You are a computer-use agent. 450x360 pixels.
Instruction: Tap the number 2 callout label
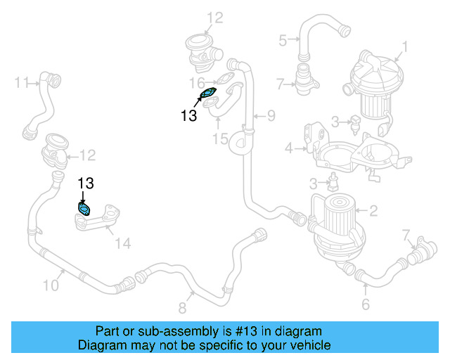[x=373, y=210]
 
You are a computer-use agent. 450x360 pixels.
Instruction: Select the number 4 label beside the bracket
[x=288, y=148]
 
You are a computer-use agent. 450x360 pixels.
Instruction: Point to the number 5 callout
[x=283, y=40]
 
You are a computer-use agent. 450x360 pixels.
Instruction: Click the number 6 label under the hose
[x=365, y=304]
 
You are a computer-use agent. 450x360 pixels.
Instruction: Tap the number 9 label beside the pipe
[x=271, y=115]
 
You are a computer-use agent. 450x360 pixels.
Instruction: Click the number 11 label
[x=21, y=82]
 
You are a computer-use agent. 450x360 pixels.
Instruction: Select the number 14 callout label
[x=122, y=244]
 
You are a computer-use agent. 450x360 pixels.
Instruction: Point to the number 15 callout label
[x=221, y=139]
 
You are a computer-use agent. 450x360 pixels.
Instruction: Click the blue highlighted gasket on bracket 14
[x=84, y=209]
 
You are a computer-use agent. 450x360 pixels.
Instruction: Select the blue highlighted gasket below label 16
[x=208, y=94]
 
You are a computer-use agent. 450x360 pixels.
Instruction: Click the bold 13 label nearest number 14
[x=85, y=184]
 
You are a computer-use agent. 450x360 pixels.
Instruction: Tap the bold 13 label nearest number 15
[x=189, y=116]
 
